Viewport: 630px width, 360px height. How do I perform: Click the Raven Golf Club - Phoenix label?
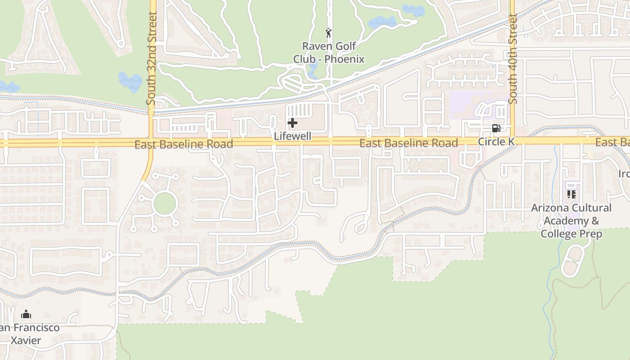tap(328, 52)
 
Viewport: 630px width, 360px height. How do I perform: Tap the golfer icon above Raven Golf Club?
tap(329, 33)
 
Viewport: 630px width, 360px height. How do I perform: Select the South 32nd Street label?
tap(152, 58)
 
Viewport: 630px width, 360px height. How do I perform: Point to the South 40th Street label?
tap(513, 58)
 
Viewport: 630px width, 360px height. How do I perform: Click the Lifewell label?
tap(292, 136)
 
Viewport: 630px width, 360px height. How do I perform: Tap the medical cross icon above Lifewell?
tap(292, 122)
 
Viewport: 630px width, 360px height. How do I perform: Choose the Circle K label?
tap(496, 142)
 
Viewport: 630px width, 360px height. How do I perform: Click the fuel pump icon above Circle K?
tap(496, 128)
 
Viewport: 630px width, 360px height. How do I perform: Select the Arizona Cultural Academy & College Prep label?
tap(571, 220)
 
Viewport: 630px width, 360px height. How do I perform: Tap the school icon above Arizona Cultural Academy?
tap(571, 194)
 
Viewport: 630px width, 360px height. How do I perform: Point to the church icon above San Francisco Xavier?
tap(27, 314)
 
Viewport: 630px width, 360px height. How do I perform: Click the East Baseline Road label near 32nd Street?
tap(184, 144)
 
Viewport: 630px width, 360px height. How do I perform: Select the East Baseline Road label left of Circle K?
tap(409, 143)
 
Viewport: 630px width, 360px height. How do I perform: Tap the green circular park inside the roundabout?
tap(164, 203)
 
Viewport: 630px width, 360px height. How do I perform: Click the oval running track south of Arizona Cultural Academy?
tap(572, 261)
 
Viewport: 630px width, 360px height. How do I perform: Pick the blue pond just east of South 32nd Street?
tap(130, 81)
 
